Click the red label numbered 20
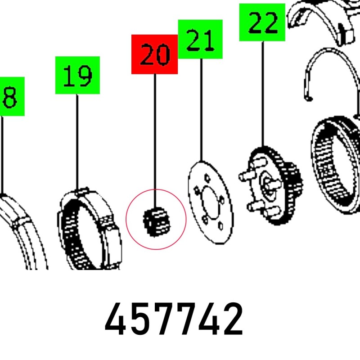point(154,54)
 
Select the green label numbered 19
point(77,75)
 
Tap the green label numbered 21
point(200,40)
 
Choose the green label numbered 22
point(262,22)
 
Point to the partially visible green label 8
point(11,96)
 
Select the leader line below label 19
point(77,139)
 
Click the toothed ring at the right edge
point(335,157)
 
